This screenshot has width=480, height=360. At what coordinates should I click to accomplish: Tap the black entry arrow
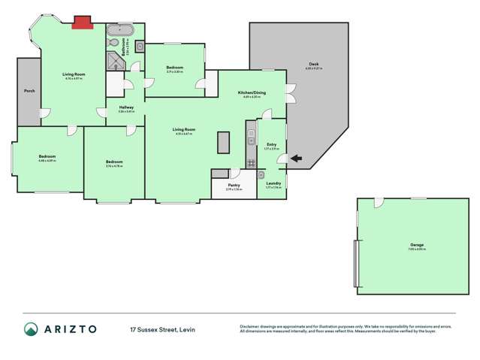click(x=294, y=158)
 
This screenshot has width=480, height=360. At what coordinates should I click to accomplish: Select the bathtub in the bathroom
click(x=119, y=31)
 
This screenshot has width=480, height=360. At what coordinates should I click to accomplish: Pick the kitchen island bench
click(x=223, y=142)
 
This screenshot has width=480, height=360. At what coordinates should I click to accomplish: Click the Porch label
click(x=29, y=91)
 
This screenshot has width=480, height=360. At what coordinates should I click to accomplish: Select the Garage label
click(x=416, y=244)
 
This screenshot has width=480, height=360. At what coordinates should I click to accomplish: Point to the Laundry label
click(x=273, y=183)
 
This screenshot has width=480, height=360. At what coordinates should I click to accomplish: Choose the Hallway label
click(x=126, y=107)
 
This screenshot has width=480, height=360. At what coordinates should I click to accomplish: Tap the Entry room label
click(x=272, y=144)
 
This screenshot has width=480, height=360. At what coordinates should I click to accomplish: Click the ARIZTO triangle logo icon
click(x=31, y=328)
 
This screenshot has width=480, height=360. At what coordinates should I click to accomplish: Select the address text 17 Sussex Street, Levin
click(x=163, y=328)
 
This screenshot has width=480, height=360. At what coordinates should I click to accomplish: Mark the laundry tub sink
click(x=261, y=175)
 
